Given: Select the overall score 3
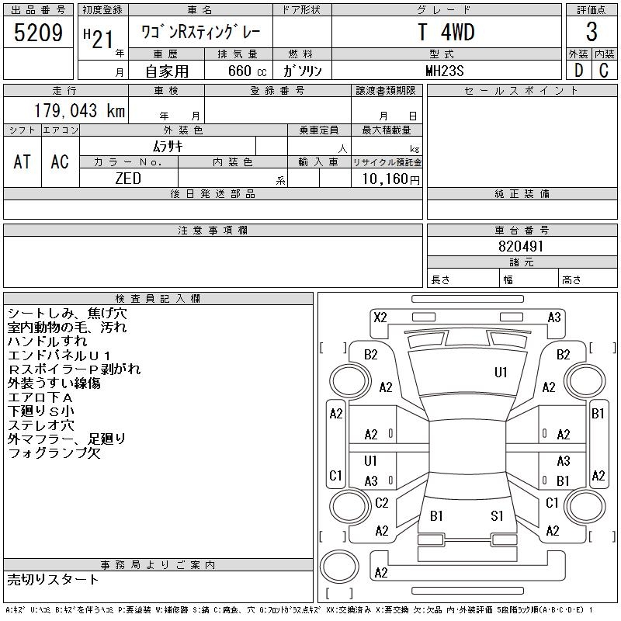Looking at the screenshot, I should [x=592, y=33].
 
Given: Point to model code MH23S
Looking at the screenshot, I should [x=446, y=71].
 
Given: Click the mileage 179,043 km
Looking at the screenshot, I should [x=79, y=111].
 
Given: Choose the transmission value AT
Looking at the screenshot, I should [x=23, y=161].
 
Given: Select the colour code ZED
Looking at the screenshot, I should [x=128, y=179].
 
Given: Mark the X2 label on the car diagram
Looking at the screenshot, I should [x=380, y=317].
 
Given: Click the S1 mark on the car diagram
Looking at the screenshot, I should [x=497, y=515].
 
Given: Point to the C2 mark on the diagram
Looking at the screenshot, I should [x=381, y=503].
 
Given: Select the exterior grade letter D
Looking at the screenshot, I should [x=578, y=71].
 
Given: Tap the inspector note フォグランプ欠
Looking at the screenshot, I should [x=54, y=453].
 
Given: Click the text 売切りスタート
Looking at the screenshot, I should [x=54, y=579].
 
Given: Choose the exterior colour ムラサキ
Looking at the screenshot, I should [x=167, y=145].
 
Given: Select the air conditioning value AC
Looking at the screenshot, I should [x=60, y=161].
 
